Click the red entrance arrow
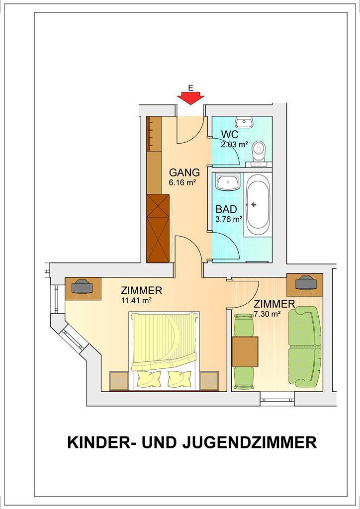(190, 98)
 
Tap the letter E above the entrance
(190, 87)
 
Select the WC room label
(230, 134)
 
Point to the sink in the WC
(245, 122)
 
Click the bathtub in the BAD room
(257, 204)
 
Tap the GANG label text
(184, 172)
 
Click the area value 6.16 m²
(182, 182)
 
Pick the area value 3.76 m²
(229, 219)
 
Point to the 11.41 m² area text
(136, 301)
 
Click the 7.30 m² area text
(268, 314)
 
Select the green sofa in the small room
(304, 346)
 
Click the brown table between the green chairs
(245, 351)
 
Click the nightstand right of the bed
(209, 381)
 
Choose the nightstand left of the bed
(119, 381)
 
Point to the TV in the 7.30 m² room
(306, 283)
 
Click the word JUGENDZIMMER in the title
(250, 442)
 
